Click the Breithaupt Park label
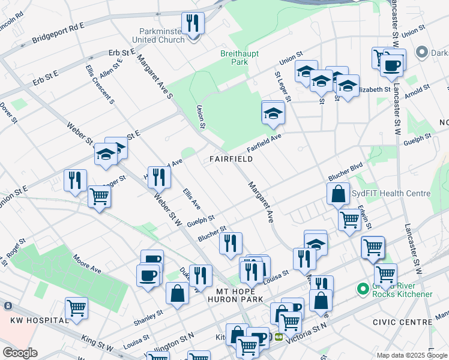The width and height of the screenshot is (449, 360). point(234,58)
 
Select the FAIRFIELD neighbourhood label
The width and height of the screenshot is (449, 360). point(231,159)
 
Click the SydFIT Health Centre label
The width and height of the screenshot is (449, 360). point(391,193)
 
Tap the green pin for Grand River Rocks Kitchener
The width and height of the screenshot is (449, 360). point(362,289)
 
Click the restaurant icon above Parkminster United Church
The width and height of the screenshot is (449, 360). point(193,24)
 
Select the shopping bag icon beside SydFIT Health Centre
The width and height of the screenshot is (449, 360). point(338,194)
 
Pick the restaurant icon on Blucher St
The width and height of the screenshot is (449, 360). point(231,244)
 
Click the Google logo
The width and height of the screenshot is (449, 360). point(20,353)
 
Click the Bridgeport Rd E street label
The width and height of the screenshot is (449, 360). point(59,34)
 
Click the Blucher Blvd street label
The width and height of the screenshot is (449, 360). point(345,172)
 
